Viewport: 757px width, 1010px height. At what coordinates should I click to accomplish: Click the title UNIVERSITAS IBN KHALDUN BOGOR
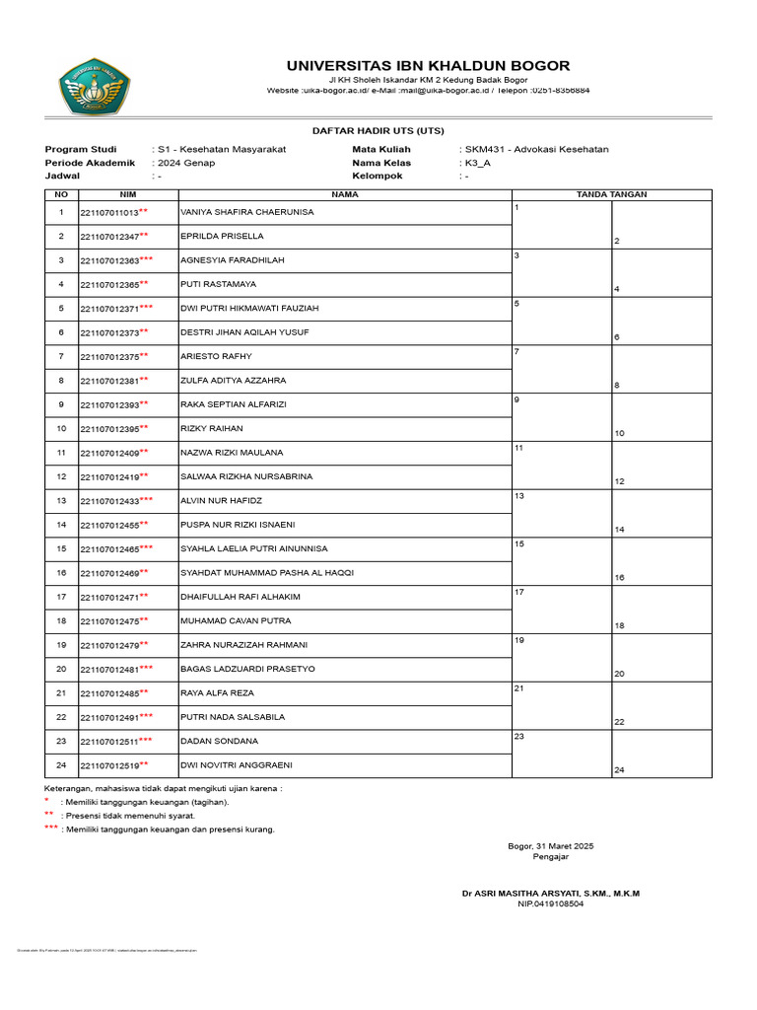click(428, 66)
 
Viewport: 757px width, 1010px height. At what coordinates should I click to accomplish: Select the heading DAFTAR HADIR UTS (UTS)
click(378, 130)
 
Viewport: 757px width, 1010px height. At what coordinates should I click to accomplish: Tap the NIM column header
click(128, 194)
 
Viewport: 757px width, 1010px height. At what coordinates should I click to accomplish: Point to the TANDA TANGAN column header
click(611, 194)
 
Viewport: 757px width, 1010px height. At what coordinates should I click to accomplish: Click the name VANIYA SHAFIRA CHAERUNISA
click(246, 212)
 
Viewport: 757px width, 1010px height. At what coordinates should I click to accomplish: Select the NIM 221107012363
click(109, 260)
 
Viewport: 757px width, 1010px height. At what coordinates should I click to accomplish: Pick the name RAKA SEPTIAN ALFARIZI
click(232, 404)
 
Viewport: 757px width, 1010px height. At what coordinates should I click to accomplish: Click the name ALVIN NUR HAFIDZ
click(221, 500)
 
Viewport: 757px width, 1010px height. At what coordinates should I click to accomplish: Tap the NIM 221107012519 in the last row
click(109, 764)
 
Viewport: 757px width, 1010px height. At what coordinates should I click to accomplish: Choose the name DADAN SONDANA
click(219, 741)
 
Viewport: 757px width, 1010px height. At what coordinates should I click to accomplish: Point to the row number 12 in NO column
click(61, 476)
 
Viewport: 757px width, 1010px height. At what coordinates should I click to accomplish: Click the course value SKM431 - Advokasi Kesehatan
click(537, 149)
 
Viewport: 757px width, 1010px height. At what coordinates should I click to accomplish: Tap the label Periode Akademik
click(90, 163)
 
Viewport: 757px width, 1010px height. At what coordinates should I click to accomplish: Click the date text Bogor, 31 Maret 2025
click(550, 846)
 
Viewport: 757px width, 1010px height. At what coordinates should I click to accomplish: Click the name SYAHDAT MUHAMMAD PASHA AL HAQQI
click(266, 572)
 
